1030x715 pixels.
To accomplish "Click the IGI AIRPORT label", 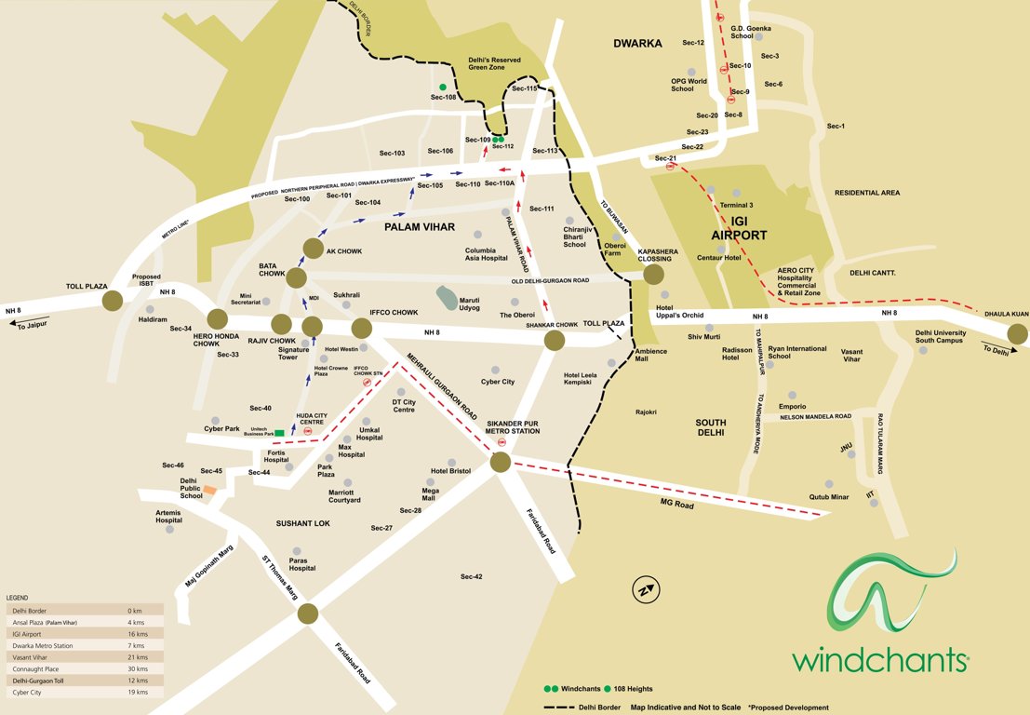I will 740,228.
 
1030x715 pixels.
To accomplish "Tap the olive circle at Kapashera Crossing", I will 653,274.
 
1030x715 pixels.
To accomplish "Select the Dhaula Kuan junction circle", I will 1017,333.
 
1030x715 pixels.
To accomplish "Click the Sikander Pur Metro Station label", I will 513,426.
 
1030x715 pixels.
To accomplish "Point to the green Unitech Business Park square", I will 279,432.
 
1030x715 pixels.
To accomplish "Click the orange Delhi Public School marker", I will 210,489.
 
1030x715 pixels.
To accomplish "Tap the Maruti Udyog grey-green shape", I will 447,299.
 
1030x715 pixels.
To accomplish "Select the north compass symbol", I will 643,589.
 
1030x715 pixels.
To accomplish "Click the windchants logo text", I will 880,660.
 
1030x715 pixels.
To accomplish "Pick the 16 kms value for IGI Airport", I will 136,633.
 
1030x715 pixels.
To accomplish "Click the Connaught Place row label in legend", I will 36,669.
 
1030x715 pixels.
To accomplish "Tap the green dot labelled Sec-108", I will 444,87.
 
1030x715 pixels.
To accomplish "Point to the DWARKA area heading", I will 637,43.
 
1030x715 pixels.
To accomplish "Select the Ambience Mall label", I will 650,356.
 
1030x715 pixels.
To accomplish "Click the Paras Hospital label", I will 301,563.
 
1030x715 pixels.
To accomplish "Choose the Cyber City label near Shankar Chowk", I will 498,382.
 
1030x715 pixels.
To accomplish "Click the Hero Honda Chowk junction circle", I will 217,319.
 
